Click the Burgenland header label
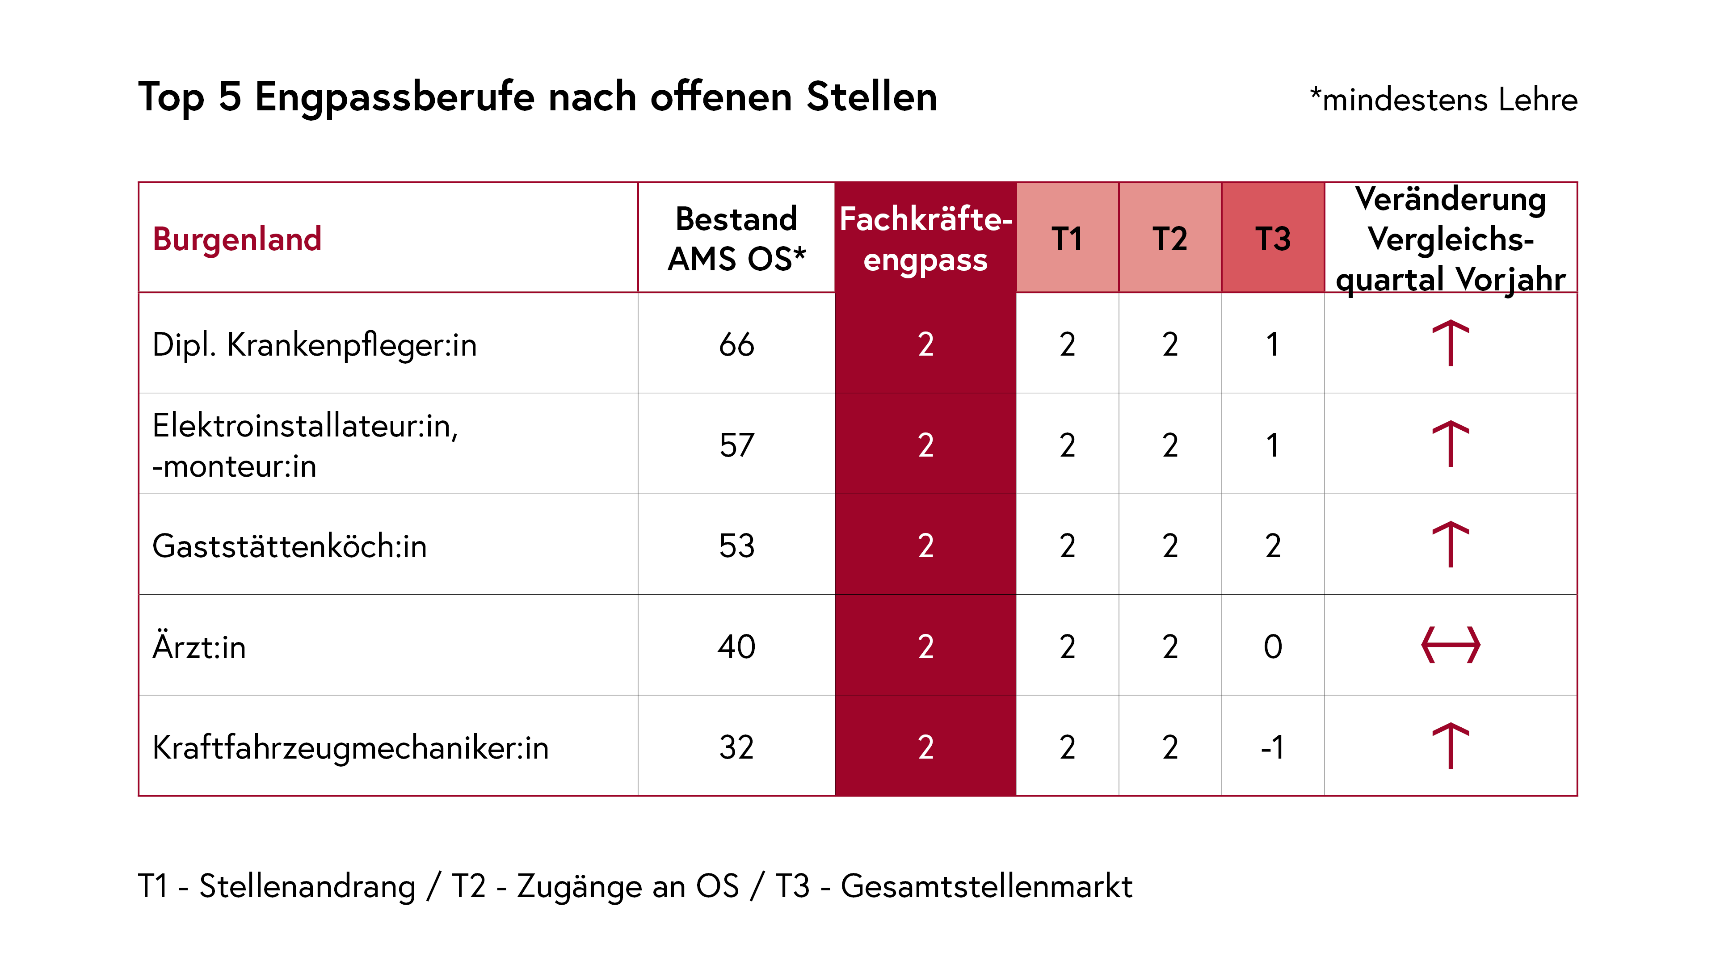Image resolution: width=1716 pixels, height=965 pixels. click(x=237, y=239)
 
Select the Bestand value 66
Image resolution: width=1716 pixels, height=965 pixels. click(x=736, y=345)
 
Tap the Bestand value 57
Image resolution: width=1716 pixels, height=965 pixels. click(x=736, y=445)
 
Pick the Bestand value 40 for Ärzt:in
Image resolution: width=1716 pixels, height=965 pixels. click(x=736, y=646)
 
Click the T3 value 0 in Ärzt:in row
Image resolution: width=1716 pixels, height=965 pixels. click(x=1272, y=646)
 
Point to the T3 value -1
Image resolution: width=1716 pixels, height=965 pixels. click(x=1272, y=747)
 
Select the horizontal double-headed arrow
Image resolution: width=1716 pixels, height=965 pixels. click(x=1450, y=645)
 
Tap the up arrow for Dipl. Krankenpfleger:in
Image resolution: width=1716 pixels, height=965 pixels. click(x=1450, y=343)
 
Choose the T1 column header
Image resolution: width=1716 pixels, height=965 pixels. click(x=1067, y=239)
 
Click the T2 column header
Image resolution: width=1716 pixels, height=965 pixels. click(x=1170, y=239)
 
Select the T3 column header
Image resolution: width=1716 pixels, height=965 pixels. click(x=1272, y=239)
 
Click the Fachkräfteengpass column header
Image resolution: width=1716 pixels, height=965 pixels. click(x=925, y=239)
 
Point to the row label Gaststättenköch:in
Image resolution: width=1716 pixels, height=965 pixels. click(x=289, y=546)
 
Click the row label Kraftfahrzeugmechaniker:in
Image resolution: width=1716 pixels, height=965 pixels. click(x=350, y=747)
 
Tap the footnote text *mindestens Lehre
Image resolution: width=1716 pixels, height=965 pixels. click(x=1443, y=100)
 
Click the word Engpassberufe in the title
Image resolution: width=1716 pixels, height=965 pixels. click(x=394, y=97)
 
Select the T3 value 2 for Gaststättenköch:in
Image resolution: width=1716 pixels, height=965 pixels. click(x=1272, y=546)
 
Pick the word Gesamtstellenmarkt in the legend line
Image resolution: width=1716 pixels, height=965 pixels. click(x=986, y=886)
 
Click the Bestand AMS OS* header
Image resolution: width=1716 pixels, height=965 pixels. click(x=736, y=239)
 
